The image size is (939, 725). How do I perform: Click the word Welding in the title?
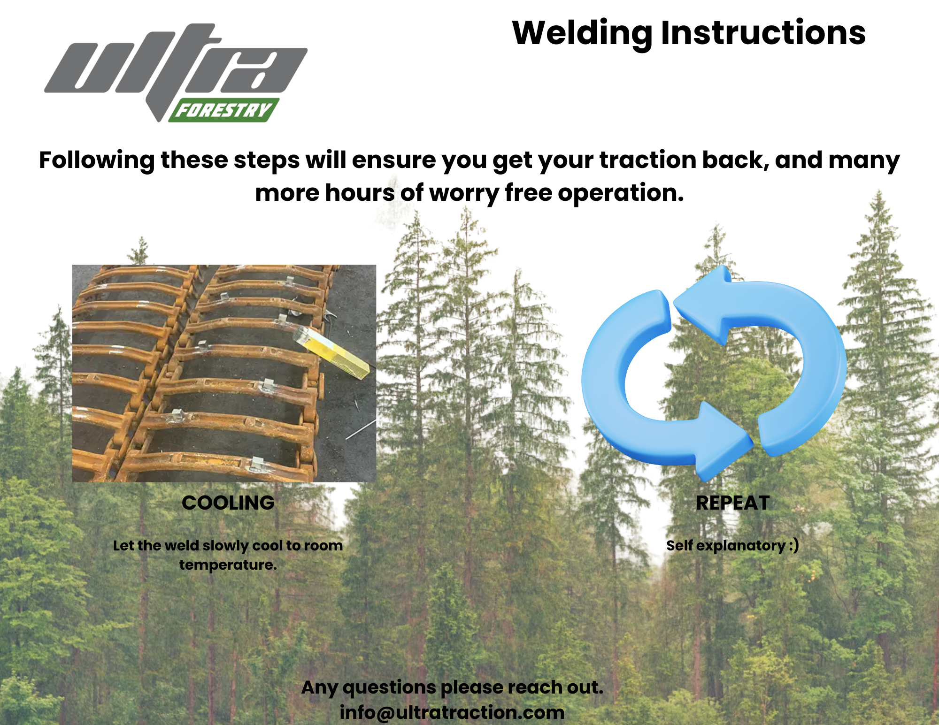point(582,33)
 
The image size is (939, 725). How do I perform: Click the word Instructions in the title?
point(763,33)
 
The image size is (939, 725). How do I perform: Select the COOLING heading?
point(228,503)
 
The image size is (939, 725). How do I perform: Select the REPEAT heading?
point(732,503)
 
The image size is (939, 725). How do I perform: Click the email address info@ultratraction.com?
point(452,712)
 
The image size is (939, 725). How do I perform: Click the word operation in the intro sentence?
point(620,193)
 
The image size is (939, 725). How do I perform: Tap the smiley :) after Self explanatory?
point(793,545)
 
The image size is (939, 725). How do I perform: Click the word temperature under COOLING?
point(228,565)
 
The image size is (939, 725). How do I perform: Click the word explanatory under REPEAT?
point(740,545)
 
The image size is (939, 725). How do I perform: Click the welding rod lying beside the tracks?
point(361,429)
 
